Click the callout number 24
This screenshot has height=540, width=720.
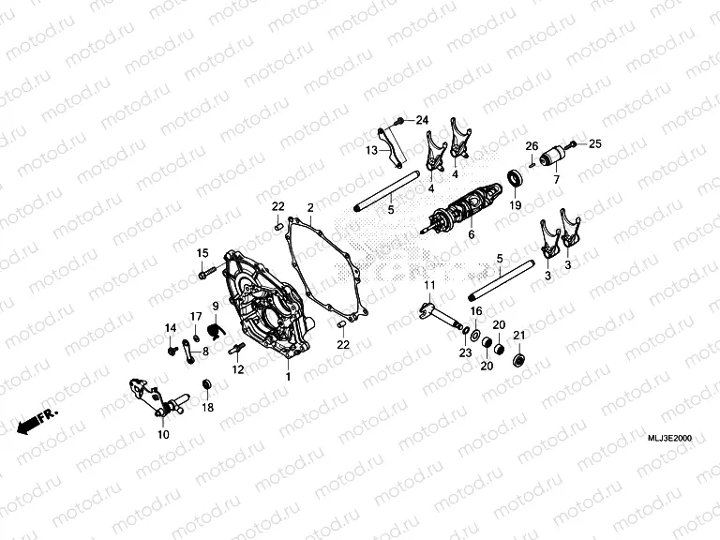tap(421, 120)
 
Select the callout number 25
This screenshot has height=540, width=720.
tap(593, 143)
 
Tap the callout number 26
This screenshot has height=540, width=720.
tap(531, 146)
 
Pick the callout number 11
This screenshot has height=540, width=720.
tap(428, 285)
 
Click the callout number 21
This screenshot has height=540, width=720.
tap(518, 337)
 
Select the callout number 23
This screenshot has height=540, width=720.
tap(464, 352)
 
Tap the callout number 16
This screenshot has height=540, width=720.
tap(475, 310)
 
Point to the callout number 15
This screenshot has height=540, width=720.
tap(202, 254)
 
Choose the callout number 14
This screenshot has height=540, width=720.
tap(171, 326)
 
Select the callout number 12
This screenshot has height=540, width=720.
tap(237, 370)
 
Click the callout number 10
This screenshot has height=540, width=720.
tap(163, 435)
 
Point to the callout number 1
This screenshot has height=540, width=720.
tap(288, 376)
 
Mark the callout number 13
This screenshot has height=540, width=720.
tap(371, 150)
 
